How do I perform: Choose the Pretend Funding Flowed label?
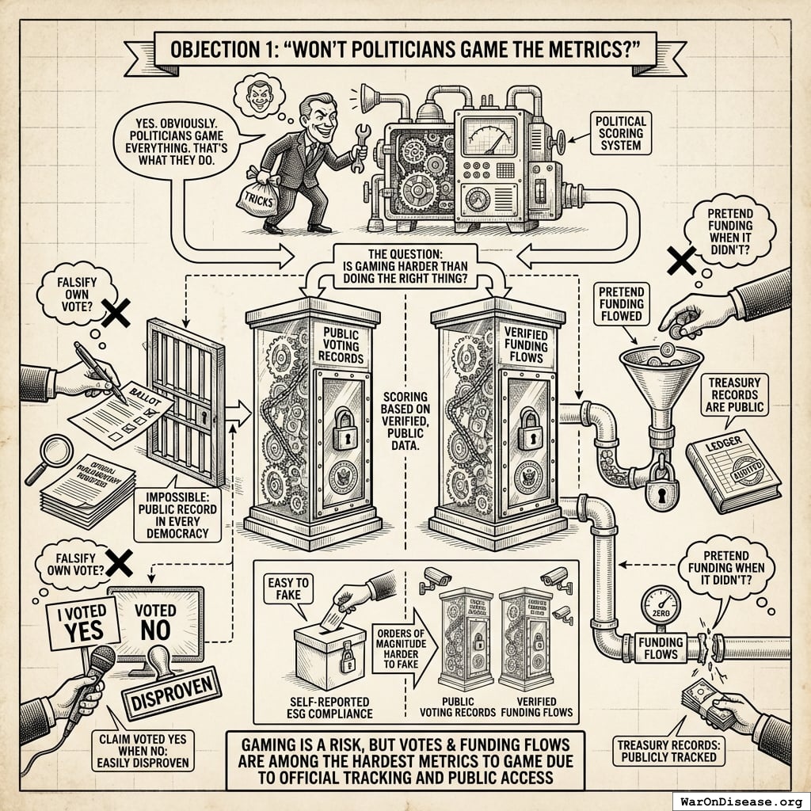623,307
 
